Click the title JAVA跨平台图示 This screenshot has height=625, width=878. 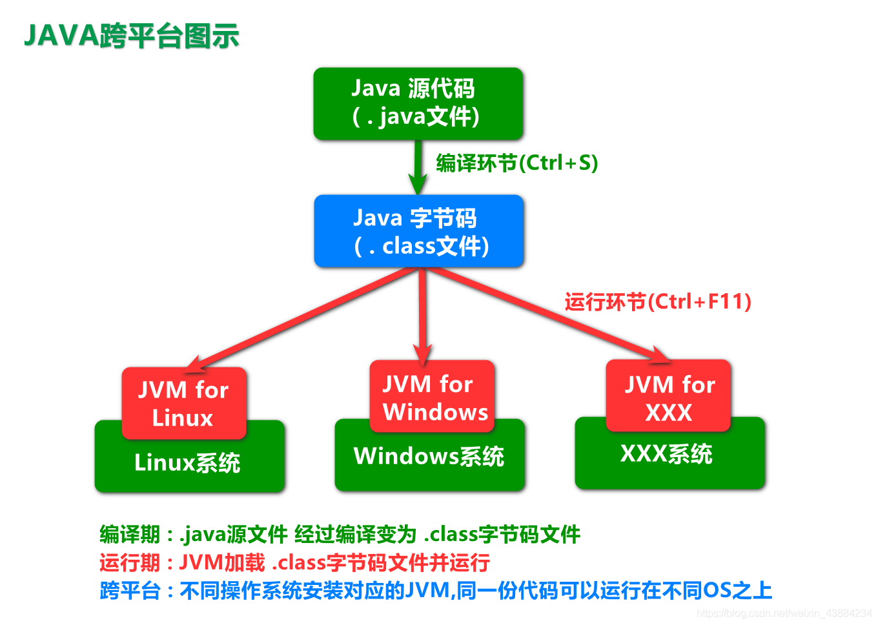(132, 36)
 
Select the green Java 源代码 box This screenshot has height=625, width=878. (418, 103)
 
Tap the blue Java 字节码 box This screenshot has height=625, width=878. (418, 231)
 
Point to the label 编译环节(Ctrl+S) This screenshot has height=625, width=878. (516, 163)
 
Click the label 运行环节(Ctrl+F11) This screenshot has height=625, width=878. (657, 302)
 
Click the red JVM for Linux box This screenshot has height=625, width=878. (184, 403)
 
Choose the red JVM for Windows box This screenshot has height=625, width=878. (432, 396)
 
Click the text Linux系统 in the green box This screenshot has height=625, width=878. (187, 463)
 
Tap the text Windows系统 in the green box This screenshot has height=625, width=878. (429, 456)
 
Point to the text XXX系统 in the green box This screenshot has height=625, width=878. (666, 454)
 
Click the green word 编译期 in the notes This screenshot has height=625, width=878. (130, 535)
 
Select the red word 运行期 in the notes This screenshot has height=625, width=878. (130, 562)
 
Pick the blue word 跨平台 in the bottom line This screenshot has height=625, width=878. (130, 590)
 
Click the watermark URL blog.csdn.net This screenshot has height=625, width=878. (784, 613)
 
